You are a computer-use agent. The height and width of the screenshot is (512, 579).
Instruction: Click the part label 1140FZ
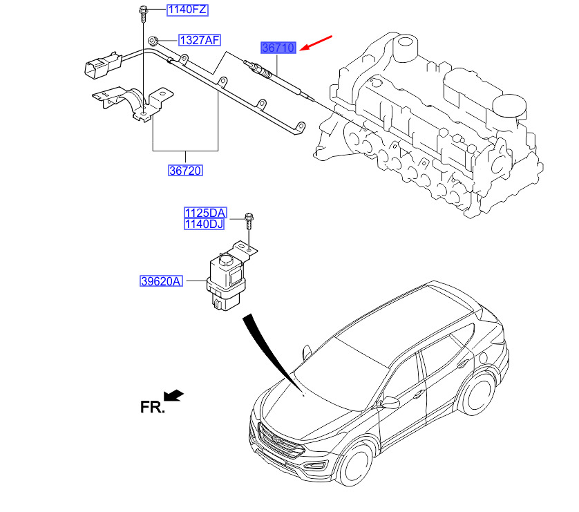click(x=187, y=10)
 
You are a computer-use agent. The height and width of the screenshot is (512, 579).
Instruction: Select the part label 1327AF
click(x=200, y=40)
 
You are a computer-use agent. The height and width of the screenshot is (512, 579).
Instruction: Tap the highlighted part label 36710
click(x=278, y=48)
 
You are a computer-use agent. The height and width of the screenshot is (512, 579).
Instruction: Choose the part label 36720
click(x=185, y=171)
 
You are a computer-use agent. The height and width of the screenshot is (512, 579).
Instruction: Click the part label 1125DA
click(x=205, y=213)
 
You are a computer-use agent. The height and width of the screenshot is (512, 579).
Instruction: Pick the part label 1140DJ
click(x=205, y=224)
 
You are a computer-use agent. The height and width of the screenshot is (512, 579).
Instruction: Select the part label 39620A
click(x=161, y=281)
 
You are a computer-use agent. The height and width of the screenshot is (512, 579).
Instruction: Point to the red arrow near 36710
click(x=316, y=43)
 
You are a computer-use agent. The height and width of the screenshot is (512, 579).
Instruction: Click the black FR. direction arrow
click(x=173, y=395)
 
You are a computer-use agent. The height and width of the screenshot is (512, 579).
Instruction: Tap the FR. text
click(x=153, y=407)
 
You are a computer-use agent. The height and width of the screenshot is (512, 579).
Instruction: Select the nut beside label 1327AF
click(x=152, y=40)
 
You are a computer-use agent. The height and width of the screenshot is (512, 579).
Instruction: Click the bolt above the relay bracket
click(x=249, y=220)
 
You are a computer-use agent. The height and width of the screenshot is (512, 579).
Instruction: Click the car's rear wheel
click(x=477, y=395)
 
